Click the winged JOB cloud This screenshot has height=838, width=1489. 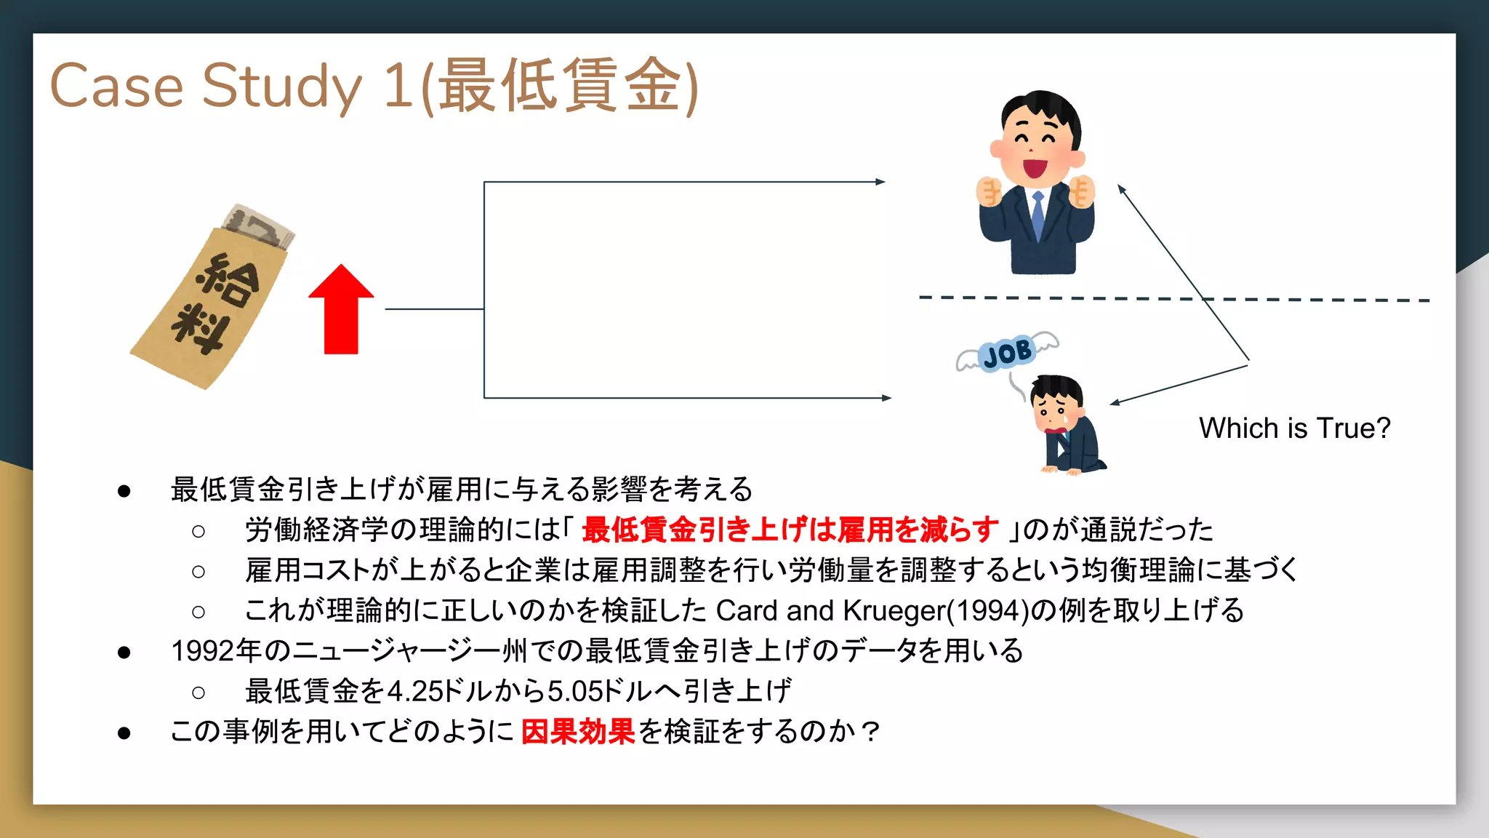(1007, 354)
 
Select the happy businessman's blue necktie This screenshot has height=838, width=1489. (1038, 215)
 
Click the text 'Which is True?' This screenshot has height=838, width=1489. (1294, 428)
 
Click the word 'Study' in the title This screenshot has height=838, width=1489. (281, 86)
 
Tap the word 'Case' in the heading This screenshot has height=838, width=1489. (116, 86)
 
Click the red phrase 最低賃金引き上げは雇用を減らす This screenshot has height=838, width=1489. (790, 530)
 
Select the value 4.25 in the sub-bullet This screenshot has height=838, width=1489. (415, 691)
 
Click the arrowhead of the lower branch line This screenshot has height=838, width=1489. (886, 398)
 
